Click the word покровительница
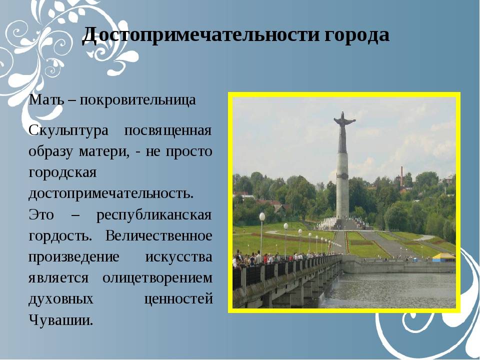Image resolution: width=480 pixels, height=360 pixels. pos(138,100)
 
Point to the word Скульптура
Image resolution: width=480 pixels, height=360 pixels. pos(68,131)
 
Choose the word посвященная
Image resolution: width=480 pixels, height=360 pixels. pos(168,131)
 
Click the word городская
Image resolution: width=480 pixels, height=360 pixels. pos(63,173)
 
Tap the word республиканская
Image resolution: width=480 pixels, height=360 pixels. pos(154,215)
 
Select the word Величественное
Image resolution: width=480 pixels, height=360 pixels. pos(159,235)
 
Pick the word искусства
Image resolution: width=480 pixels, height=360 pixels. pos(178,257)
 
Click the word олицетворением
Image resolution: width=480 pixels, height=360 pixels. pos(157,278)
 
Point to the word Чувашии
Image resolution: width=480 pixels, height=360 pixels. pos(60,320)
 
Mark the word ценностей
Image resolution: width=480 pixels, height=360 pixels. pos(178,299)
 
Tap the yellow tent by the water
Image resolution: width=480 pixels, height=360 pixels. pos(444,257)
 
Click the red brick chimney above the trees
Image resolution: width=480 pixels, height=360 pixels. pos(401,176)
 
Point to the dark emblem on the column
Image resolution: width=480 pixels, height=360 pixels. pos(342,176)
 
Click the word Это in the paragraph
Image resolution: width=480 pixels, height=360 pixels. pos(41,214)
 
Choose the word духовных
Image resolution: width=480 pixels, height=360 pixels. pos(61,299)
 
